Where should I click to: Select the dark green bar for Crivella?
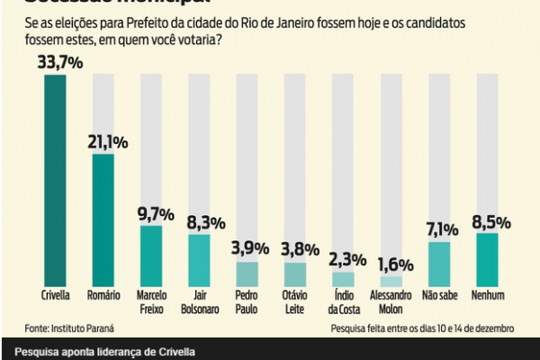[x=55, y=180]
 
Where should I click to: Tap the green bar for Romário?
[x=103, y=220]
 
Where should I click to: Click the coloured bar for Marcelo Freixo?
[x=150, y=256]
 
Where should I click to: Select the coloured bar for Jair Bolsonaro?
[x=199, y=260]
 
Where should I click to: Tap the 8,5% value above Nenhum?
[x=488, y=221]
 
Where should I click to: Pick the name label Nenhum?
[x=488, y=294]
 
